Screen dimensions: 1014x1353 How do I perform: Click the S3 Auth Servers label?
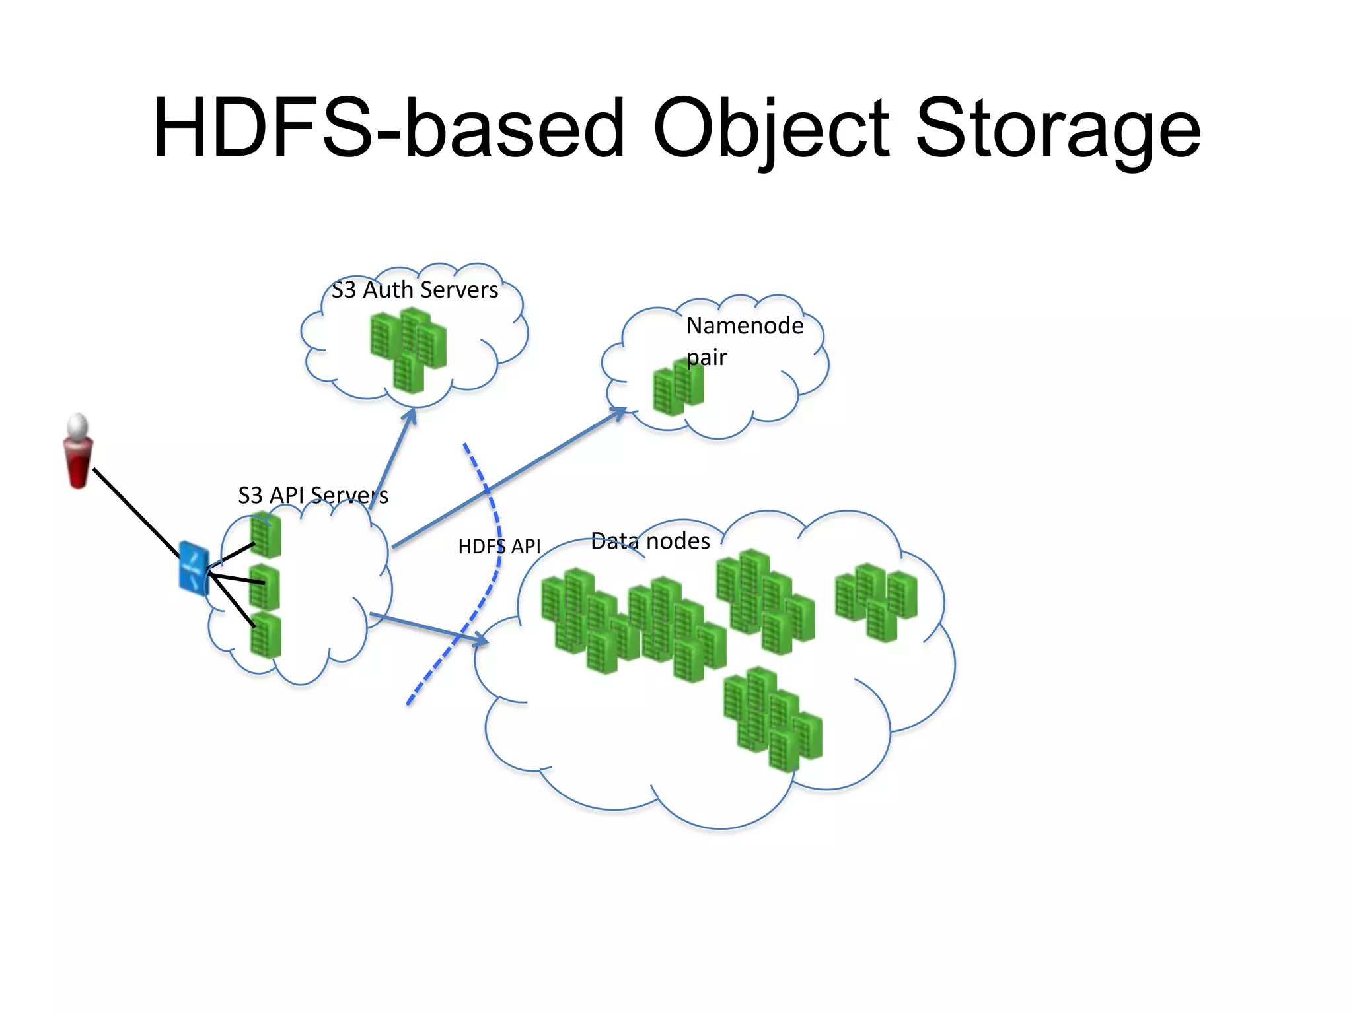click(415, 290)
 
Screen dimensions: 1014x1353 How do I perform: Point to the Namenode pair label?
click(744, 341)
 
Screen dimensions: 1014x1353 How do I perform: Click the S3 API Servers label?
click(312, 495)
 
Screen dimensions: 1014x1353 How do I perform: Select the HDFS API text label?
click(499, 547)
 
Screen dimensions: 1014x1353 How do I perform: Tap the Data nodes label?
click(650, 541)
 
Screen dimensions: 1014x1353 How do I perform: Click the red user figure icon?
click(78, 452)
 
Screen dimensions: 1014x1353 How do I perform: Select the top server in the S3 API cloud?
click(266, 535)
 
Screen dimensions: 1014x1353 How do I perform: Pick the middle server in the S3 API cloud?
click(264, 587)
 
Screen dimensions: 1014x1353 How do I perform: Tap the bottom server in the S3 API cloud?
click(266, 635)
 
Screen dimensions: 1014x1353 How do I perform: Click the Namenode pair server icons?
click(678, 388)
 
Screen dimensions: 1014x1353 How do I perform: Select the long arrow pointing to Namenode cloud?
click(509, 478)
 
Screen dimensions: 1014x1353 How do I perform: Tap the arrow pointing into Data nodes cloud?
click(429, 628)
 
